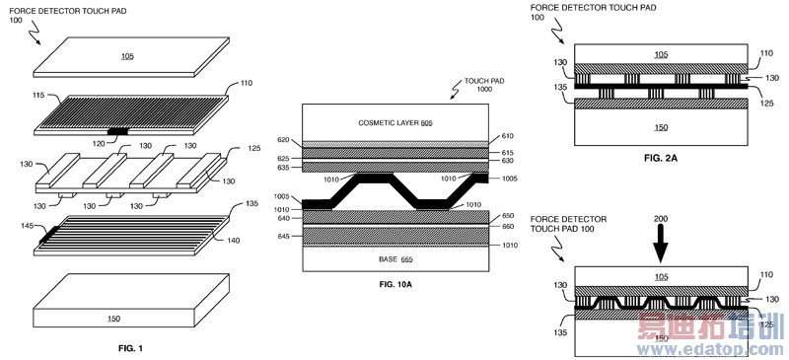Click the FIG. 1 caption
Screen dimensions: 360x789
[x=131, y=348]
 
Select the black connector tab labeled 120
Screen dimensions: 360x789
[x=118, y=131]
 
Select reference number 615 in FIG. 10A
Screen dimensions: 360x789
[x=506, y=152]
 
